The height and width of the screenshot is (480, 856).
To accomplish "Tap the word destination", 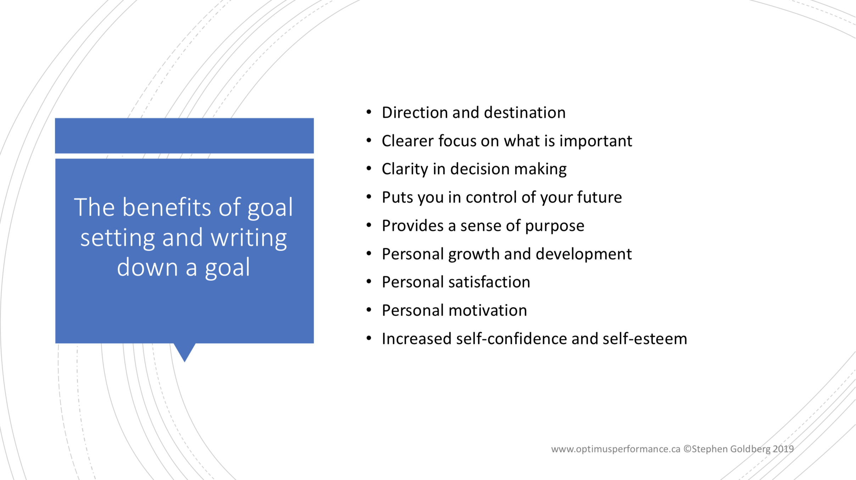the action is coord(525,113).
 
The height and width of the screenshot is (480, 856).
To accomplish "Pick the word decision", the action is coord(480,169).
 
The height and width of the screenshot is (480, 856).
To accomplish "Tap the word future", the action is coord(600,197).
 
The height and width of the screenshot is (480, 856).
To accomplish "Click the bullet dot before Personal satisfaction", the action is coord(369,282).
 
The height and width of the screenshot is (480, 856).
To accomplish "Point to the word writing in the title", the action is coord(249,238).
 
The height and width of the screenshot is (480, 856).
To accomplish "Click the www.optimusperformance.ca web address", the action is coord(616,449).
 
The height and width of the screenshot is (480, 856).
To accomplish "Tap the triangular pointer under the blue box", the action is coord(184,351).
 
